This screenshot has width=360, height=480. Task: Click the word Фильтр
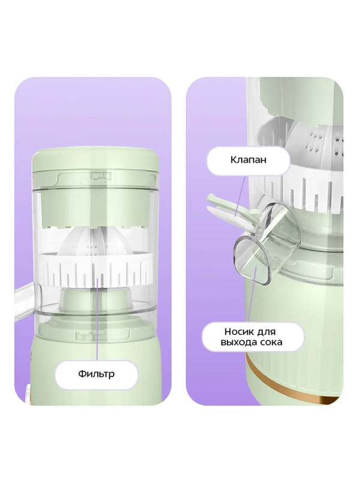coord(96,374)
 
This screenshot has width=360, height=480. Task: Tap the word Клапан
coord(248,160)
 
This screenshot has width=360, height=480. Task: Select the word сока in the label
coord(270,342)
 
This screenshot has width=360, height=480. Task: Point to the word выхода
coord(238,342)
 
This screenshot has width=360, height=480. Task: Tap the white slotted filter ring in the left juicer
coord(96,269)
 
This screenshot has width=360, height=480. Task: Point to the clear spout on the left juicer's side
coord(25,302)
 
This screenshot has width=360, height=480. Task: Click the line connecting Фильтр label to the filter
coord(98,319)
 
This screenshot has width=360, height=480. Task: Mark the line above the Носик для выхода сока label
coord(252,295)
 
